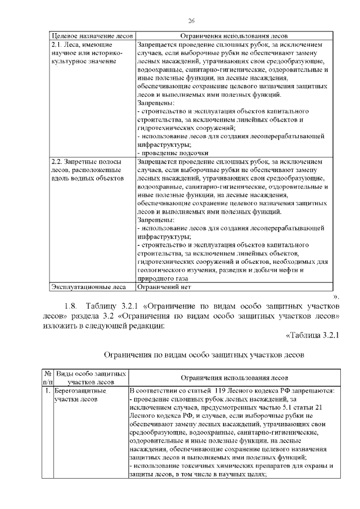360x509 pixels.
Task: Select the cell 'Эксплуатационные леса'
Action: click(88, 287)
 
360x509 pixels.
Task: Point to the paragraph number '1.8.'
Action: click(72, 306)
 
